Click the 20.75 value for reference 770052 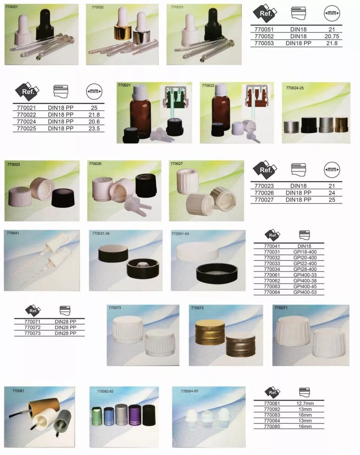332,36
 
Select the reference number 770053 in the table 264,43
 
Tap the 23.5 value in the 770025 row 94,129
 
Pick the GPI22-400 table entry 305,263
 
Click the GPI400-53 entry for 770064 305,292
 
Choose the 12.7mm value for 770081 305,404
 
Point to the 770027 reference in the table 264,200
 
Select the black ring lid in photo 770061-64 217,274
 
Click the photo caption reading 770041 13,233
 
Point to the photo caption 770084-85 189,391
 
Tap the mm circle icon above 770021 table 94,91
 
